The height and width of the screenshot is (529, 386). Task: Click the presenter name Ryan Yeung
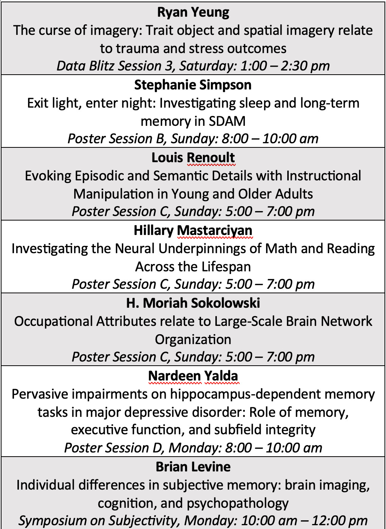pos(193,13)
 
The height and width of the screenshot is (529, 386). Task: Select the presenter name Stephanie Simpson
pos(193,85)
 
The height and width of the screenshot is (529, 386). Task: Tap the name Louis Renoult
pos(193,158)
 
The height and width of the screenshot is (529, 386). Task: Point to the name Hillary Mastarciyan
pos(193,230)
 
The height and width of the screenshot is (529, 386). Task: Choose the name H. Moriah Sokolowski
pos(193,303)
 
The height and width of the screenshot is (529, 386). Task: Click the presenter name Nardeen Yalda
pos(193,376)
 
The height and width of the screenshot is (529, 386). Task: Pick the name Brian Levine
pos(193,467)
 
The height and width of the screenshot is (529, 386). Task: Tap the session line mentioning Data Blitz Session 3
pos(193,66)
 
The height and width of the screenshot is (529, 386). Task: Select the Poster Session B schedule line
pos(193,139)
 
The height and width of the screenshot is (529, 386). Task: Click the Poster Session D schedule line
pos(193,448)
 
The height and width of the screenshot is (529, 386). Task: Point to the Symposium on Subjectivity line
pos(193,521)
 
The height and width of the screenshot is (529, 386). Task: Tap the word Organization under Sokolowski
pos(193,340)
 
